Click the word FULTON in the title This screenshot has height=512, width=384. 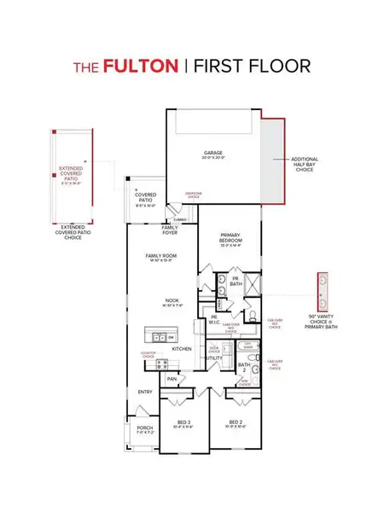point(142,65)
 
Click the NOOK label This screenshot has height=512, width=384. point(173,300)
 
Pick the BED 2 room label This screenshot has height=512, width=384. point(237,422)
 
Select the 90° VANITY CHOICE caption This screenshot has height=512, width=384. point(324,320)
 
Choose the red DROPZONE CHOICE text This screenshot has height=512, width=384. point(195,195)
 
